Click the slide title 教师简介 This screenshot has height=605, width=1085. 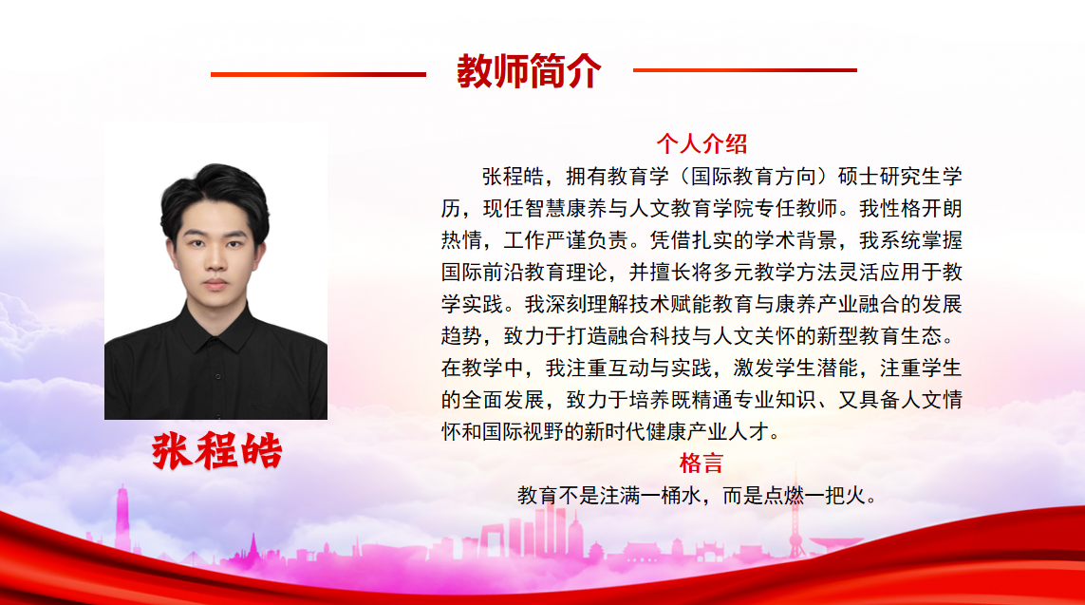[529, 70]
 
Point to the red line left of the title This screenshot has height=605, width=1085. [318, 74]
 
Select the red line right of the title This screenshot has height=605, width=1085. [744, 70]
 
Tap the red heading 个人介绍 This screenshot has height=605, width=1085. [702, 144]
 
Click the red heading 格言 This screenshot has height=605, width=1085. [702, 463]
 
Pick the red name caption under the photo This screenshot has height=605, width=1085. [216, 451]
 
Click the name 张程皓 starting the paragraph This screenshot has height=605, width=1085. [513, 177]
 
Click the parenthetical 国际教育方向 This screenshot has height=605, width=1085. [753, 177]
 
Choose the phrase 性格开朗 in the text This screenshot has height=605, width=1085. [921, 208]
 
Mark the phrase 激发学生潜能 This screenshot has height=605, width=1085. [795, 368]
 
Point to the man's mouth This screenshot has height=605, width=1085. [215, 284]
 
